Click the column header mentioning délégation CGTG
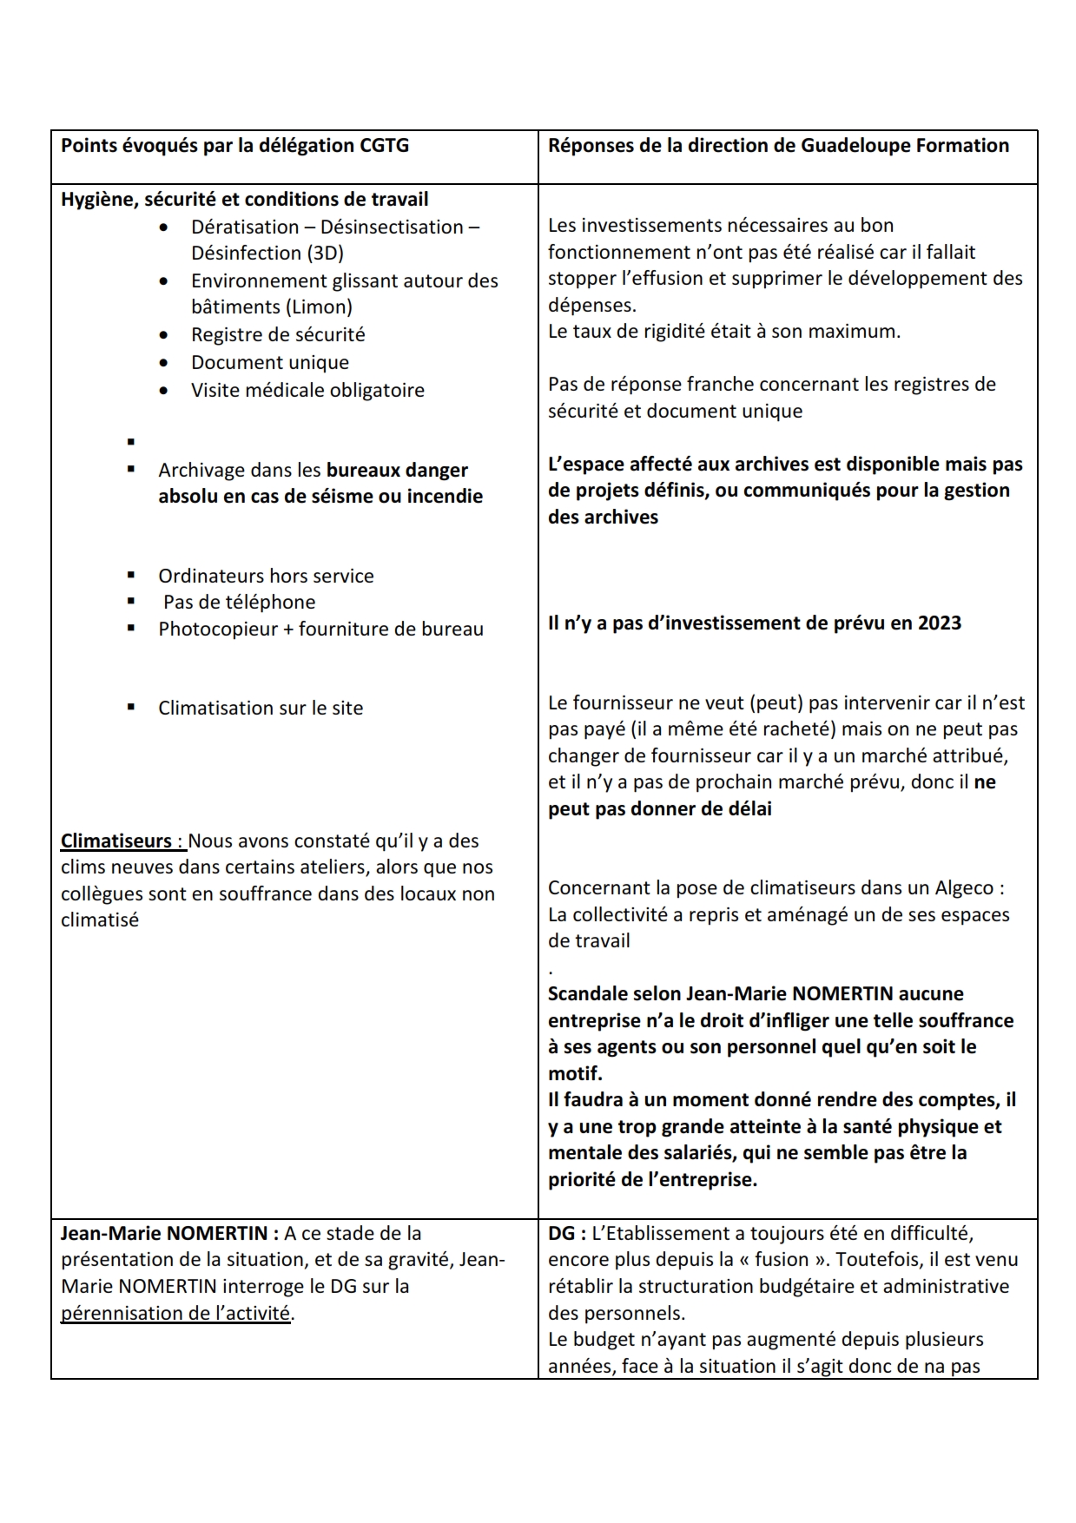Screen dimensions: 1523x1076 pos(234,146)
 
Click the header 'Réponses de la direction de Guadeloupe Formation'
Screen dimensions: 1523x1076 pos(778,146)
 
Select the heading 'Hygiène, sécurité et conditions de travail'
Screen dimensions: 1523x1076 pos(244,200)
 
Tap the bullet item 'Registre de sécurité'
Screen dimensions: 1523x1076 pos(278,335)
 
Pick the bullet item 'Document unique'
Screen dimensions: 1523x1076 pos(270,363)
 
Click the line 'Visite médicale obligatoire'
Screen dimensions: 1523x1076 pos(307,391)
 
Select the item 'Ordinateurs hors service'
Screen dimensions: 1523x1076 pos(266,577)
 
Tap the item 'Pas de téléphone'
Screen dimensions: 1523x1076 pos(239,603)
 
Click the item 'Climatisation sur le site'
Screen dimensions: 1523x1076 pos(261,709)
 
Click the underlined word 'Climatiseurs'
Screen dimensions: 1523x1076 pos(116,841)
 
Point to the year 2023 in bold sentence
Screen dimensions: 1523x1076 pos(939,623)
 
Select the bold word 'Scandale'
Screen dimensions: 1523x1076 pos(588,994)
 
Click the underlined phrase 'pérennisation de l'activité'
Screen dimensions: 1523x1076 pos(175,1314)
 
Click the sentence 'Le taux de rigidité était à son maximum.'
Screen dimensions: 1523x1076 pos(723,332)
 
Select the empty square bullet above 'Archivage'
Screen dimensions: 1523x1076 pos(131,442)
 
